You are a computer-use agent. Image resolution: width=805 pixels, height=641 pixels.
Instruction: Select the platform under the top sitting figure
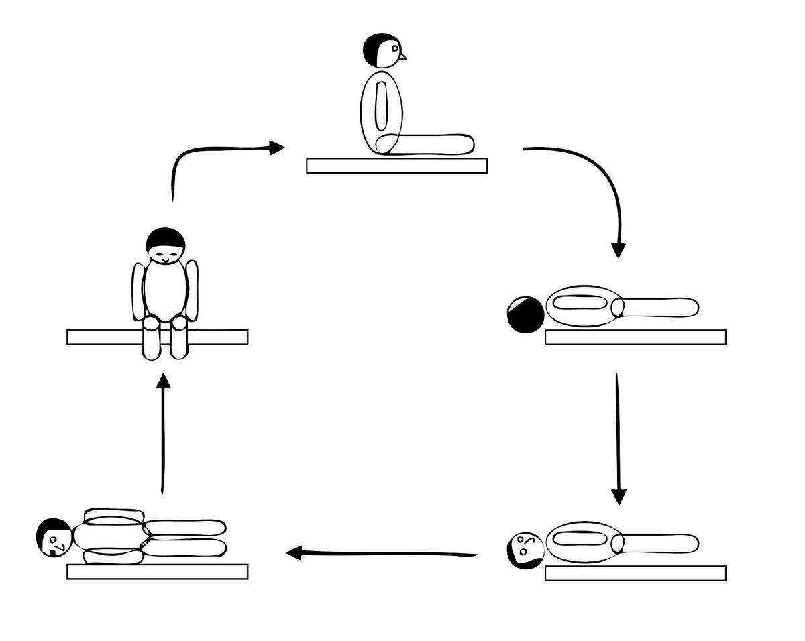click(x=396, y=166)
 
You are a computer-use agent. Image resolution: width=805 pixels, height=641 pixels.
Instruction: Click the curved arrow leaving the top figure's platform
click(x=597, y=181)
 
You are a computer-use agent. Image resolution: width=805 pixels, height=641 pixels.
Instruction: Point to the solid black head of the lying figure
click(x=525, y=314)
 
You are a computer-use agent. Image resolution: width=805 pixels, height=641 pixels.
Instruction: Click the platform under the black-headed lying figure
click(x=635, y=337)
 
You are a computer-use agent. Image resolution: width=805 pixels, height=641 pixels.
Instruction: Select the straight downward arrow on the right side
click(x=618, y=436)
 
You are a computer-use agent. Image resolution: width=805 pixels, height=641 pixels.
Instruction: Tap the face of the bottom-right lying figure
click(x=525, y=548)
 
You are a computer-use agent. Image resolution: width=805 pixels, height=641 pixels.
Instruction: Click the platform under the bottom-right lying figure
click(x=635, y=573)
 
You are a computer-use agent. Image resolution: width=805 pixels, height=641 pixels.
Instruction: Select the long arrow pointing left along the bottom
click(x=382, y=553)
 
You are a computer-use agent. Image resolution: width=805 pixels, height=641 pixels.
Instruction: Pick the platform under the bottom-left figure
click(x=157, y=571)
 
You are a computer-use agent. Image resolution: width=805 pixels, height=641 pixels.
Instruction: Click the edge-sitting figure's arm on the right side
click(x=192, y=290)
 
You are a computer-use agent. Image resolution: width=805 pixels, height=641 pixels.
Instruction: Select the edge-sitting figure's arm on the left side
click(x=139, y=292)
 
